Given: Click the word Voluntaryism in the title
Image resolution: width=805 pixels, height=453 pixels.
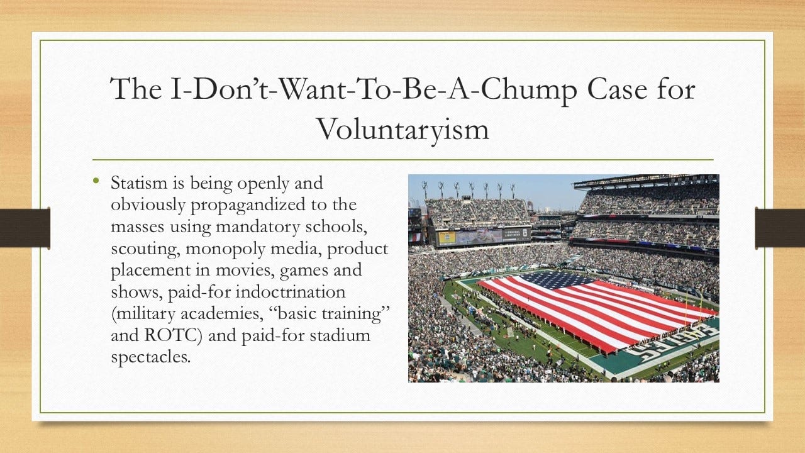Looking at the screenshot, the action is (x=402, y=130).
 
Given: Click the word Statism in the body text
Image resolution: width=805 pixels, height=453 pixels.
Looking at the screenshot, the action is (x=139, y=183).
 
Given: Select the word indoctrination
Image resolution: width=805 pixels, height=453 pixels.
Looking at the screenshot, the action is (x=291, y=291).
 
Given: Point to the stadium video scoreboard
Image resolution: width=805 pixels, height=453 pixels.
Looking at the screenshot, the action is (x=484, y=237).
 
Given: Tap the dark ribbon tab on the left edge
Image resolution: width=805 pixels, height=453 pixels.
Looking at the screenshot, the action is (x=25, y=228).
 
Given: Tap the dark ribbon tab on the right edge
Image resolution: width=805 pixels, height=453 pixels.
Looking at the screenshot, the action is (x=780, y=228).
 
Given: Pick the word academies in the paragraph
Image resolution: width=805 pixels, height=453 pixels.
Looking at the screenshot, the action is (x=219, y=314).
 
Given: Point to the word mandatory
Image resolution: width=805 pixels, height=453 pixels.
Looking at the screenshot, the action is (x=257, y=227).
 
